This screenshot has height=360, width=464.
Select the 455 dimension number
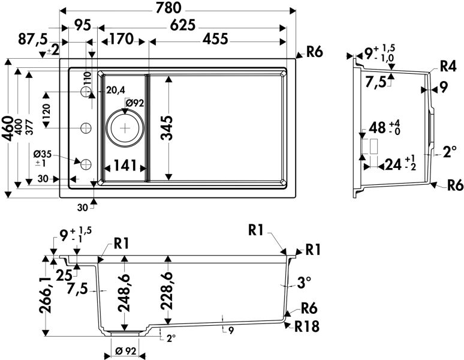[215, 40]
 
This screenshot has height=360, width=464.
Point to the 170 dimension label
[120, 40]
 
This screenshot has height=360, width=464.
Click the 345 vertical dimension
[170, 128]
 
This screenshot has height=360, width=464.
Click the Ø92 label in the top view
[134, 103]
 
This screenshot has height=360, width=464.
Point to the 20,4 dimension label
[115, 90]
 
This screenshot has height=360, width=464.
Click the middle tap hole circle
[86, 127]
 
